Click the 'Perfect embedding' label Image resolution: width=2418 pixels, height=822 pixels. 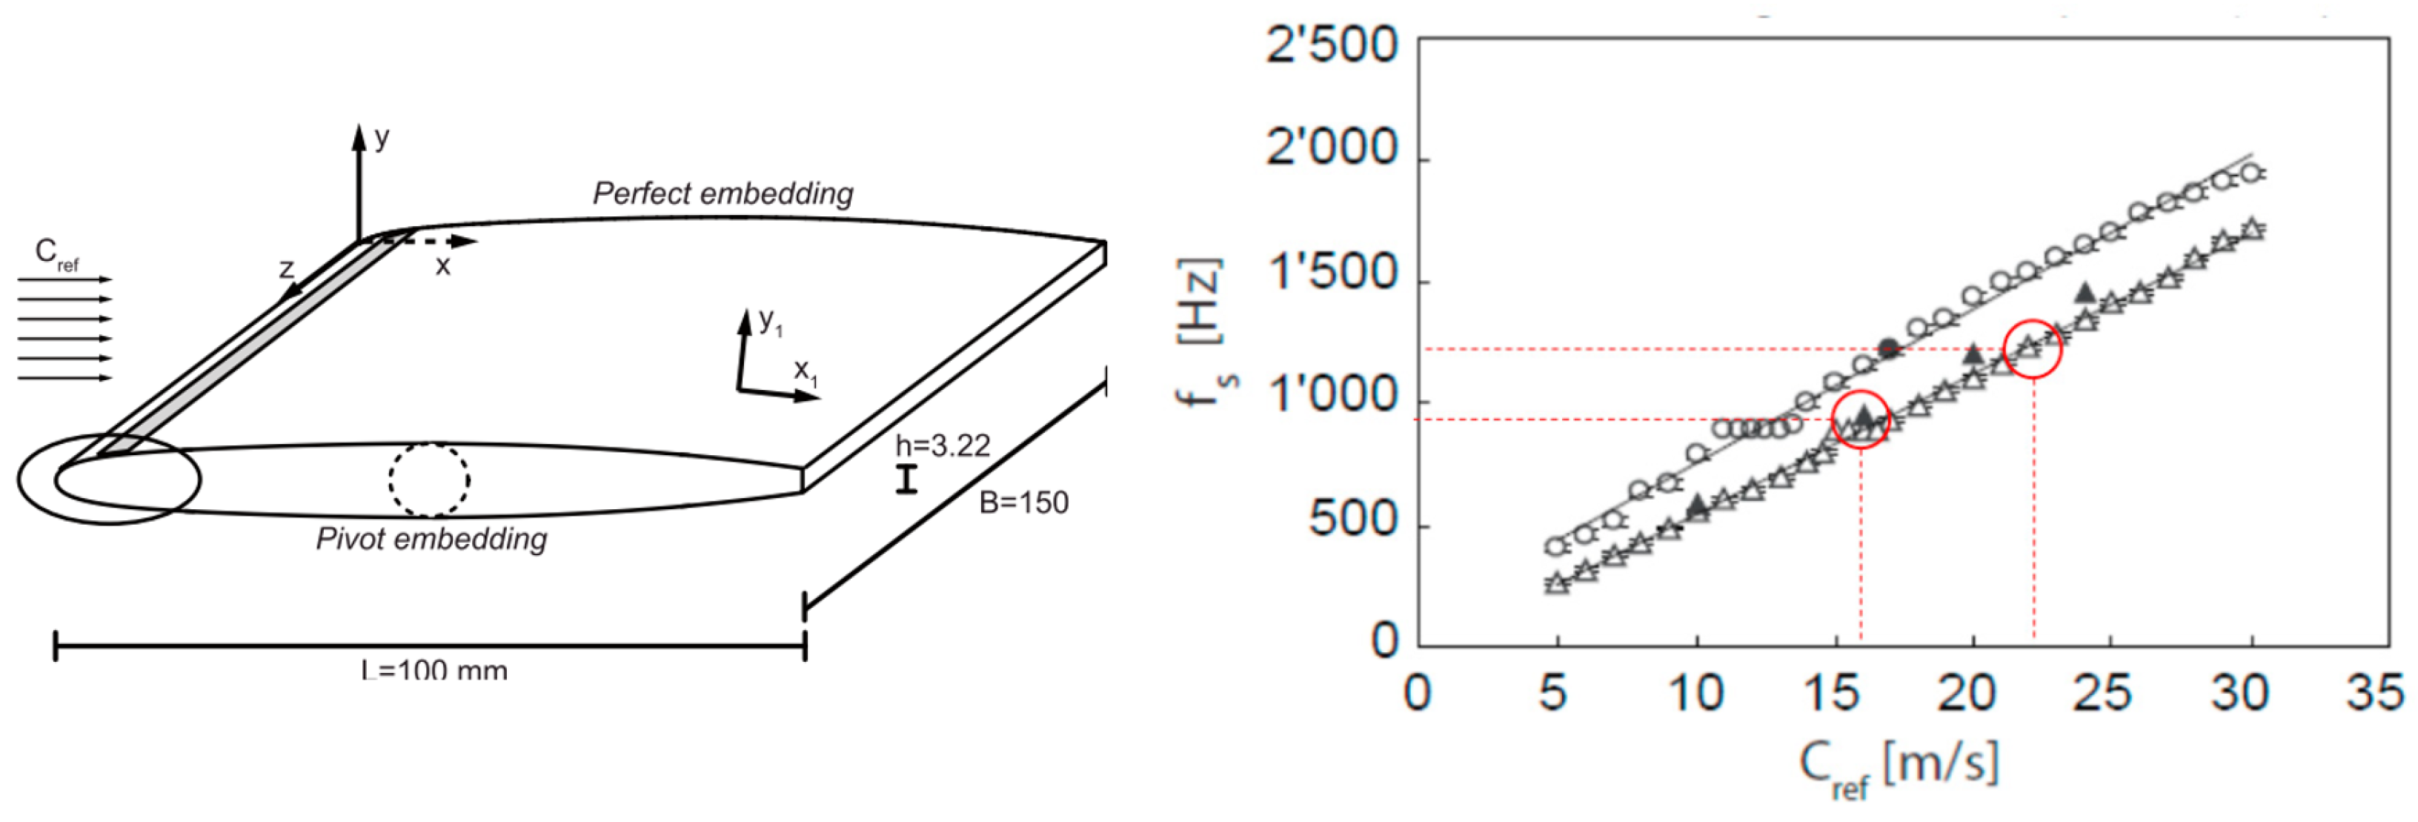tap(723, 193)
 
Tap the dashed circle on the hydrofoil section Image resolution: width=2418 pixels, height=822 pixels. tap(429, 480)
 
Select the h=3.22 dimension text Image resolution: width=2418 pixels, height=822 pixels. tap(941, 445)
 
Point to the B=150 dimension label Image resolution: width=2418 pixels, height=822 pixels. tap(1023, 503)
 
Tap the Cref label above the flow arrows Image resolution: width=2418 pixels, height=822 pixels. tap(56, 253)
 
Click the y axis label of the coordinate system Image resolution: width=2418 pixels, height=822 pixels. tap(381, 138)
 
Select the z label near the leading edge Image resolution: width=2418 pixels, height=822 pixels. tap(286, 269)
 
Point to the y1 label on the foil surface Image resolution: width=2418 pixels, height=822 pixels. tap(771, 322)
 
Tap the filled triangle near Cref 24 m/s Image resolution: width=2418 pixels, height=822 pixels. tap(2084, 293)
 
